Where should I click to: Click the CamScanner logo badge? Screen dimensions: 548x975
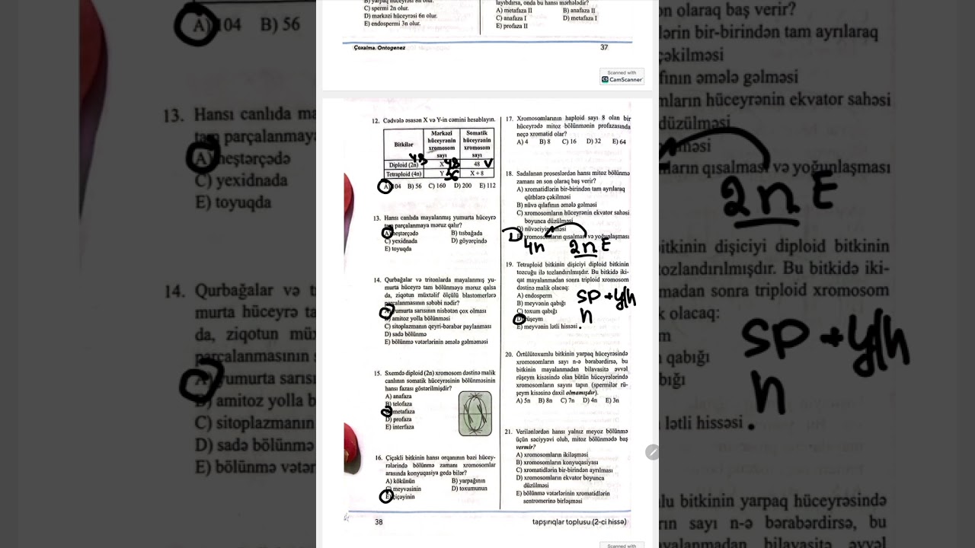click(622, 76)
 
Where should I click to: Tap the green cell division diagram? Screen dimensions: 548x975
click(475, 413)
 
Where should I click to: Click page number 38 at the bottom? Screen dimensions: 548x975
click(379, 522)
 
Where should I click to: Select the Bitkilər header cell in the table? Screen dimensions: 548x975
click(404, 144)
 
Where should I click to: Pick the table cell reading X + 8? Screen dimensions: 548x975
click(477, 174)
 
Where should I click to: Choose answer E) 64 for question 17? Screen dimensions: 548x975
click(619, 142)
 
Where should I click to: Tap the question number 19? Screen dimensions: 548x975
click(509, 264)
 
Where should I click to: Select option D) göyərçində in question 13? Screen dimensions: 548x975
click(468, 241)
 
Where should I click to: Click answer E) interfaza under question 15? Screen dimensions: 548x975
click(400, 427)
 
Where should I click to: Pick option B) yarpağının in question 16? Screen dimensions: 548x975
click(468, 480)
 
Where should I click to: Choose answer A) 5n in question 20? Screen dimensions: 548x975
click(523, 400)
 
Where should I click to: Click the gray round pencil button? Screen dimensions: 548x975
click(652, 452)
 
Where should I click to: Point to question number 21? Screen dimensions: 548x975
click(509, 432)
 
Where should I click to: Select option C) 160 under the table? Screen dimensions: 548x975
click(436, 186)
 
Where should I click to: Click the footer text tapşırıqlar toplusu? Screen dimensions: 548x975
click(579, 522)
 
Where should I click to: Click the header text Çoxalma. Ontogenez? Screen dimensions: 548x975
click(379, 47)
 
